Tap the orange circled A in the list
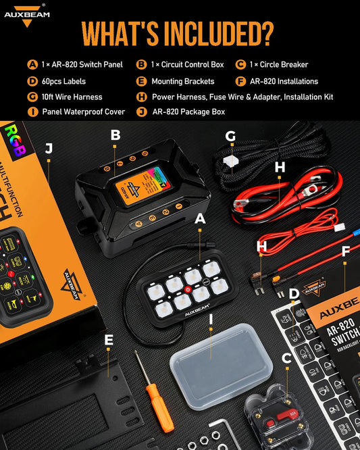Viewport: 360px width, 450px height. pos(32,65)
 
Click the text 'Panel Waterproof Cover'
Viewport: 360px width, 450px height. pos(83,111)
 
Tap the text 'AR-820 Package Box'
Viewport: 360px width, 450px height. pos(188,111)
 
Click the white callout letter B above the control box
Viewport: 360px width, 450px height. pos(115,135)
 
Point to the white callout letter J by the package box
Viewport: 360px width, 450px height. pos(49,148)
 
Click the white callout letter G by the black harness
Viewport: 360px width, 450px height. pos(230,136)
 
